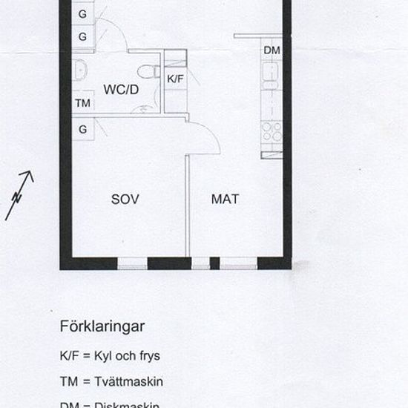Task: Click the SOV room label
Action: point(125,199)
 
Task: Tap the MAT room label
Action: point(225,199)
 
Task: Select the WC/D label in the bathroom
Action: point(121,90)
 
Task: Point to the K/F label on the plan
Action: point(175,78)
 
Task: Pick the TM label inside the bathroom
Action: point(82,104)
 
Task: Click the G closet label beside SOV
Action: point(83,129)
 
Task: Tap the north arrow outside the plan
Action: point(20,195)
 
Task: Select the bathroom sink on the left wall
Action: point(80,72)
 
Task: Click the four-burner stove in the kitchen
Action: point(272,131)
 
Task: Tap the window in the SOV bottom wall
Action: point(133,263)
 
